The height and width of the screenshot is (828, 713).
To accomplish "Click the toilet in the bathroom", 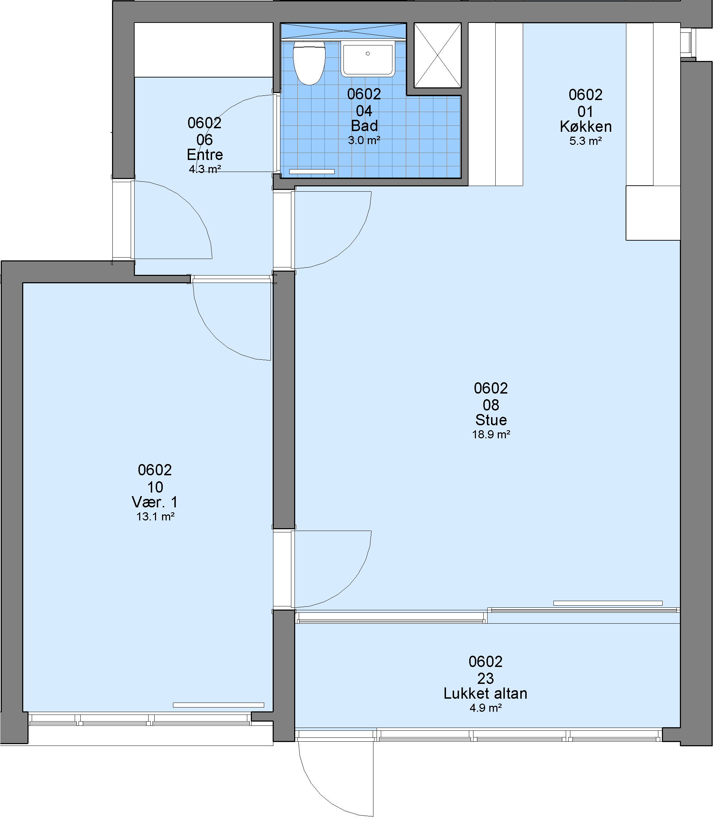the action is tap(309, 63).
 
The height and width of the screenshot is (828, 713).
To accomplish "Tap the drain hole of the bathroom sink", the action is tap(368, 54).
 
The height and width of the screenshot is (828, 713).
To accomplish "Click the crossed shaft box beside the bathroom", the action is tap(438, 55).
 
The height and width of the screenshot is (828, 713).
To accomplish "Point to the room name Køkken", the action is tap(585, 127).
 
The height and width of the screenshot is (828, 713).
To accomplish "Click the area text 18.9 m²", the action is tap(491, 434).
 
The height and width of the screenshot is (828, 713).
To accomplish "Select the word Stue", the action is tap(491, 420).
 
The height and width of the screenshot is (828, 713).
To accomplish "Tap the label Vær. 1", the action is tap(155, 502).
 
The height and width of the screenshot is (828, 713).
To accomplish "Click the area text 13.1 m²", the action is tap(155, 517).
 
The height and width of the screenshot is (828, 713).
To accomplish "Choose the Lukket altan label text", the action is tap(485, 693).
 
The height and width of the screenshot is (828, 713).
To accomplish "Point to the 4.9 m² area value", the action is tap(485, 708).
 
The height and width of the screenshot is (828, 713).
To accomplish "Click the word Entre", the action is tap(205, 155).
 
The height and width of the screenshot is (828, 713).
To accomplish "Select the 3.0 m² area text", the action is tap(364, 140).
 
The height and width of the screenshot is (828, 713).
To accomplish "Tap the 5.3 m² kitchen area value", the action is tap(585, 141).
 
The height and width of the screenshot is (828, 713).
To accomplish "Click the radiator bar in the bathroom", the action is tap(311, 172).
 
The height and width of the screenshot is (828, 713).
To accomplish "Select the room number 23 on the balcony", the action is tap(485, 678).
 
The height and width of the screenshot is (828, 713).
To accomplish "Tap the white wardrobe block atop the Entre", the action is tap(204, 50).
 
